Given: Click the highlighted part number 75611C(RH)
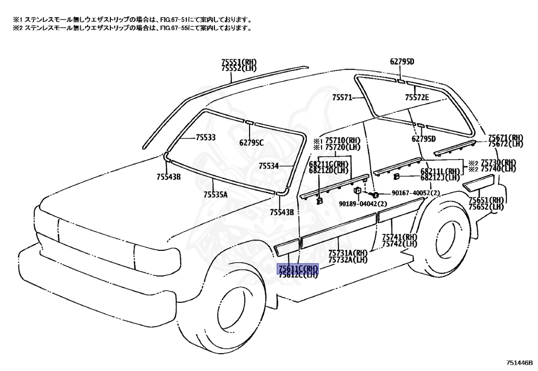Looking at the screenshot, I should (298, 268).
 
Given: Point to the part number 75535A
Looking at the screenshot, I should (215, 195).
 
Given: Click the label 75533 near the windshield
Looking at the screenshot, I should (205, 137).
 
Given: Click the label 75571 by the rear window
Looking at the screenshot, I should (342, 98).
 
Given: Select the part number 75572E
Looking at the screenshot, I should (417, 98).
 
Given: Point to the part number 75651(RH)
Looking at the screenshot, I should (487, 200).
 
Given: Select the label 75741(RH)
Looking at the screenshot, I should (399, 237).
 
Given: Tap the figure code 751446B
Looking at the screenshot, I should (520, 362).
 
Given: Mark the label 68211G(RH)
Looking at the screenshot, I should (329, 164).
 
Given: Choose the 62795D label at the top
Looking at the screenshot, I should (402, 62).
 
